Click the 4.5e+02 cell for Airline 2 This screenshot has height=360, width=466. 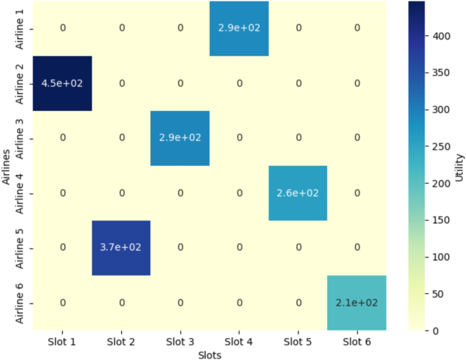(x=63, y=83)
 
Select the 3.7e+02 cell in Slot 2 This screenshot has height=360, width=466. (x=121, y=248)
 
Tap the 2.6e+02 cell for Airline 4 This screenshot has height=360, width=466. (x=297, y=193)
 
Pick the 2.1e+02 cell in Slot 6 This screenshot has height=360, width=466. (x=356, y=302)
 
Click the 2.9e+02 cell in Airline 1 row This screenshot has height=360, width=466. (x=239, y=28)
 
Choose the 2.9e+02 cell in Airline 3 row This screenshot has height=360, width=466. (x=180, y=137)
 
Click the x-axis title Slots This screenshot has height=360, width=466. (x=210, y=354)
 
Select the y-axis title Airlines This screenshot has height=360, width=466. (x=6, y=165)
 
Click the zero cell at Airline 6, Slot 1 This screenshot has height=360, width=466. (x=63, y=302)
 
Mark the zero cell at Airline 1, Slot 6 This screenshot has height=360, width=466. (x=356, y=28)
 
